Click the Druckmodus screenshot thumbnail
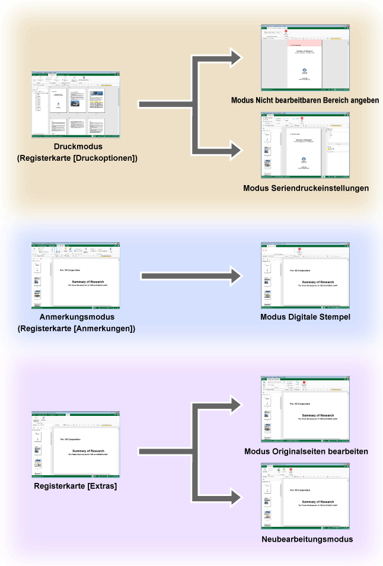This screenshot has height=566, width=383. [76, 105]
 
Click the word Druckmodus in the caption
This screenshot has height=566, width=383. [76, 147]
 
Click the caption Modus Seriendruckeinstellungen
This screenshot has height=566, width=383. [306, 188]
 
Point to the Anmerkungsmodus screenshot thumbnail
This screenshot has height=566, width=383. [76, 275]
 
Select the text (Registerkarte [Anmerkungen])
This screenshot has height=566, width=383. [76, 328]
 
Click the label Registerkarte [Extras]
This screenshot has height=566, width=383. [76, 486]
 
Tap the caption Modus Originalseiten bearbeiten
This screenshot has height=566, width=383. [306, 451]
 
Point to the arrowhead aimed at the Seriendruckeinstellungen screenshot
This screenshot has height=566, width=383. [236, 150]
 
